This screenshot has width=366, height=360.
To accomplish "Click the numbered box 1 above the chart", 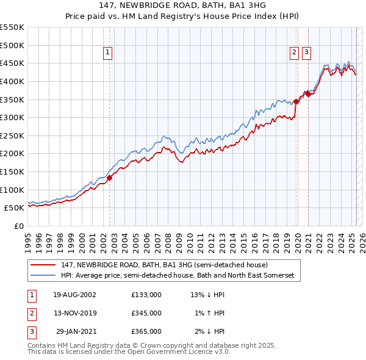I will (x=107, y=53).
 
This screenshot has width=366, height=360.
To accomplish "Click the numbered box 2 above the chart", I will (x=294, y=53).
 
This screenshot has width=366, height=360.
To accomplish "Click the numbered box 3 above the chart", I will (x=306, y=53).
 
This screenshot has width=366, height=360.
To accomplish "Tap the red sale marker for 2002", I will (x=110, y=178).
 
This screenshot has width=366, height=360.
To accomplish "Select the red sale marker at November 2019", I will (x=296, y=101).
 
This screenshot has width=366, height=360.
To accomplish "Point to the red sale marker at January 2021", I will (x=309, y=94).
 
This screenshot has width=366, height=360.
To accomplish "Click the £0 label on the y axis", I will (x=18, y=226).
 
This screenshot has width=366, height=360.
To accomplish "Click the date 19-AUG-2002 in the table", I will (x=74, y=295).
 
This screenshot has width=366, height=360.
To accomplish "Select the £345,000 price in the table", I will (x=146, y=313).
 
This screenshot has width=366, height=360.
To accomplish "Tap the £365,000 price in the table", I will (x=146, y=331).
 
